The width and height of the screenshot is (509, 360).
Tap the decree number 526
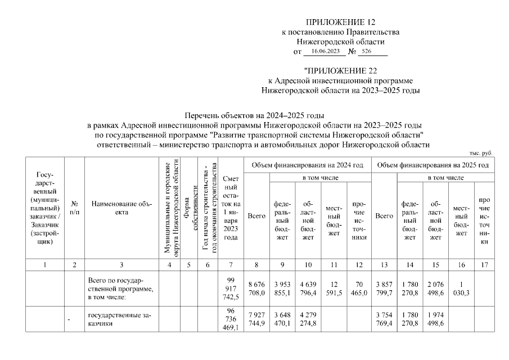[x=367, y=51]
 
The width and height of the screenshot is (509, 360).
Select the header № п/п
[x=74, y=208]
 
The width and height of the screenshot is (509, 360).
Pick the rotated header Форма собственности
[x=188, y=208]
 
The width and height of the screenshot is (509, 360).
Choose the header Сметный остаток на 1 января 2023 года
[x=231, y=208]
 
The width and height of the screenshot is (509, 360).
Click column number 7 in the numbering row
[x=231, y=264]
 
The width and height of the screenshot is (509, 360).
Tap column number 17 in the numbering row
[x=481, y=264]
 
